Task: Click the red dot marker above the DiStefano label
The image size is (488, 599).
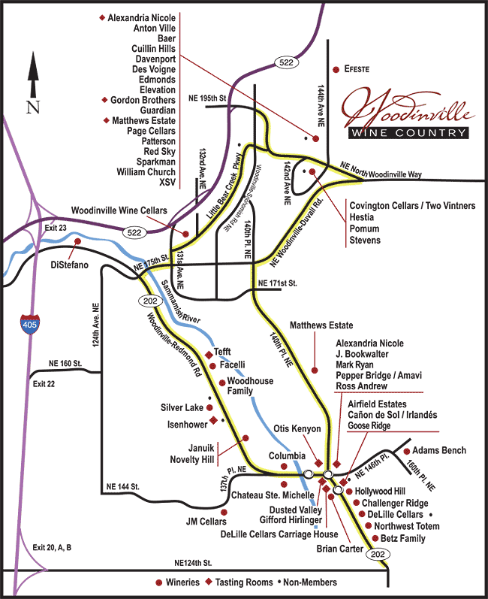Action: [77, 241]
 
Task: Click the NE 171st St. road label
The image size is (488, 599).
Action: [278, 283]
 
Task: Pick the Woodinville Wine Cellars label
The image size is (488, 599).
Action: [119, 210]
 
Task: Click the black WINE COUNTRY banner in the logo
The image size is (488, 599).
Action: [408, 133]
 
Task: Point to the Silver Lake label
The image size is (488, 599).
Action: [182, 408]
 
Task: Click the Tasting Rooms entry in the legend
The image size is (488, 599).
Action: [246, 582]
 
